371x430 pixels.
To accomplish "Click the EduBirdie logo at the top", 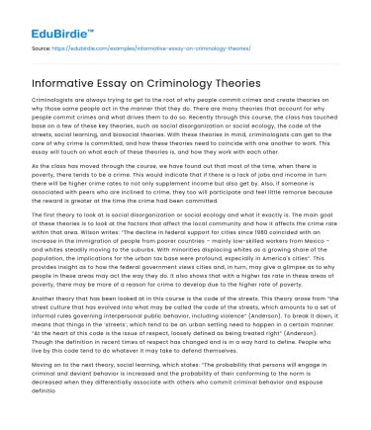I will point(46,18).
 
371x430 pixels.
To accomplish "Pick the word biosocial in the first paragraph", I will point(153,132).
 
